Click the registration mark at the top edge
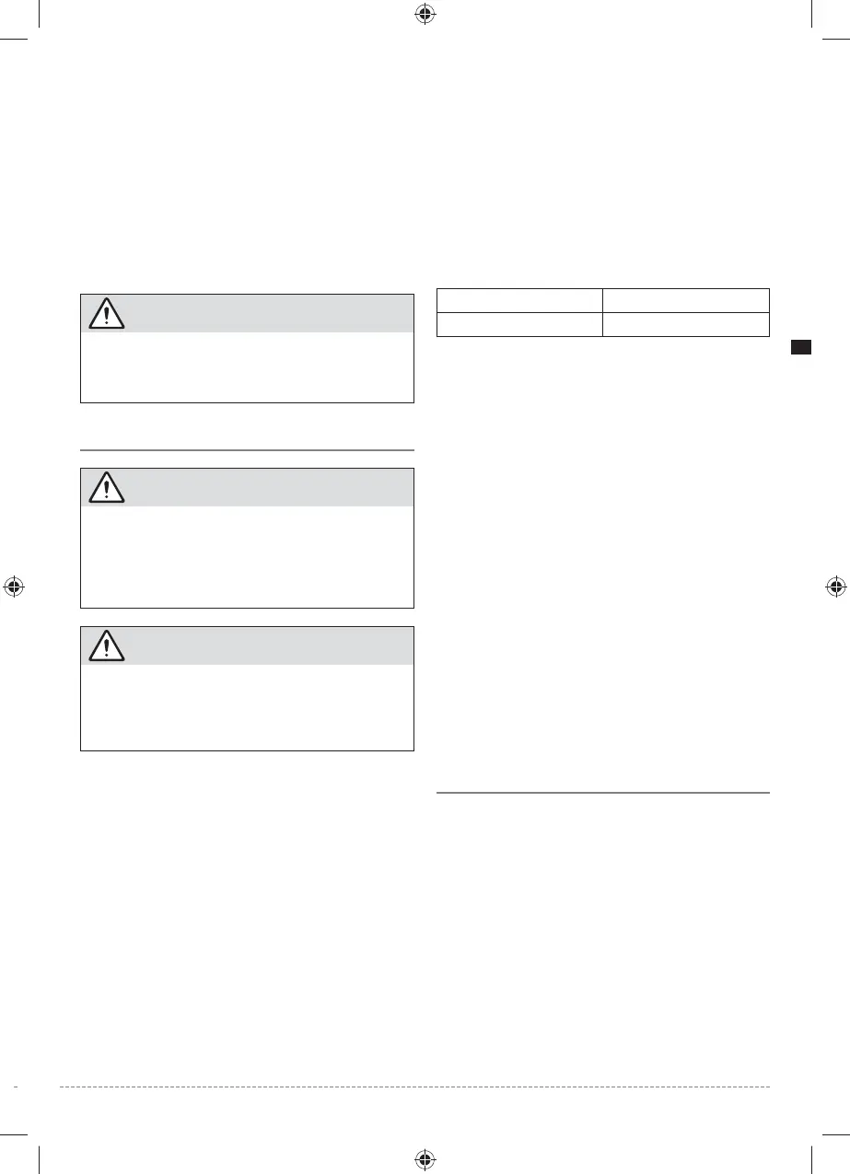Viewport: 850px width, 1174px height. click(425, 13)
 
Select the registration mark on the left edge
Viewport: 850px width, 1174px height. click(13, 587)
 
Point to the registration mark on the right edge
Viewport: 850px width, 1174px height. click(835, 587)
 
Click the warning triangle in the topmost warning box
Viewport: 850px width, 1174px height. click(107, 314)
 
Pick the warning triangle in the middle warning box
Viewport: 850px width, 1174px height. click(107, 488)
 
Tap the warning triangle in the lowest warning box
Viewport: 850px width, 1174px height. click(107, 646)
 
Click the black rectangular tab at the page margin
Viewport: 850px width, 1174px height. click(800, 348)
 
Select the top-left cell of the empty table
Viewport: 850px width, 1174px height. click(518, 300)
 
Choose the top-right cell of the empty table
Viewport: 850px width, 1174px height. click(685, 300)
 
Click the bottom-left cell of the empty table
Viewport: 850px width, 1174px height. click(518, 324)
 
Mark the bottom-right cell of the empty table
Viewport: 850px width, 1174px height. click(685, 324)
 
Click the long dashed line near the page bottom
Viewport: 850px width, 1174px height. click(414, 1087)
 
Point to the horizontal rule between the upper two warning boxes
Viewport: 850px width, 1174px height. click(247, 450)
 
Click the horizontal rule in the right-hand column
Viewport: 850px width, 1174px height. click(601, 792)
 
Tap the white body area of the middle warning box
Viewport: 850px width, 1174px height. click(247, 556)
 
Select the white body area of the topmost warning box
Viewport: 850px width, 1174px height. click(247, 366)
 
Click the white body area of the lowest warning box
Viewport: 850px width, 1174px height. click(247, 707)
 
